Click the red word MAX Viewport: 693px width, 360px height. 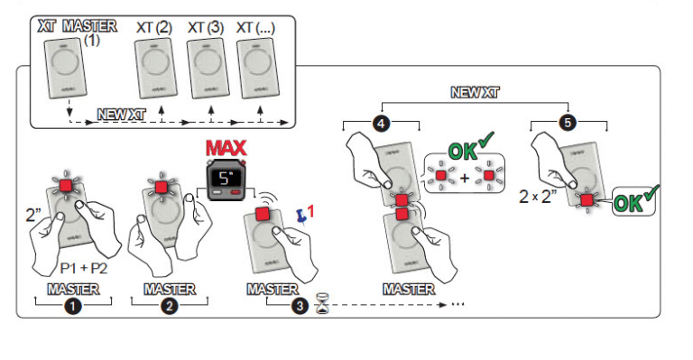(x=227, y=148)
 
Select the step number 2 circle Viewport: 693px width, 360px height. (x=169, y=306)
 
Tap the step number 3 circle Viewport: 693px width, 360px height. (x=300, y=306)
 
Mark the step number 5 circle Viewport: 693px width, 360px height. (x=568, y=124)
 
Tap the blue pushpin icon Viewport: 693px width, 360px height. (x=301, y=215)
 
